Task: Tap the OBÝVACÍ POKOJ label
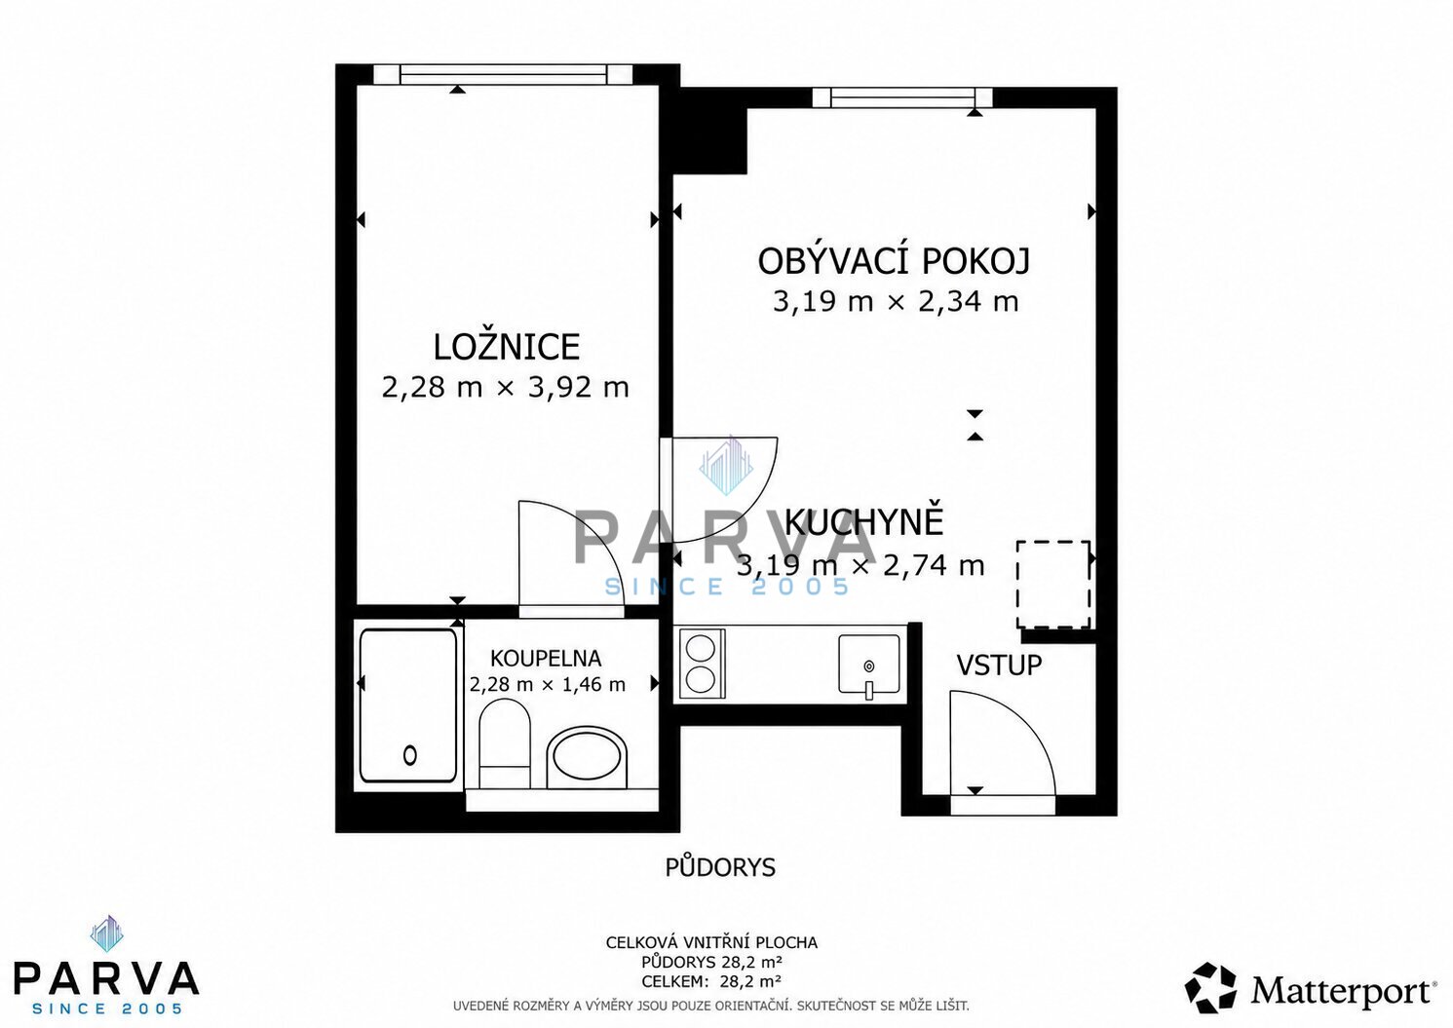(894, 261)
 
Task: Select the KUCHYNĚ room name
(864, 521)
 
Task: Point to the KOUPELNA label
(546, 659)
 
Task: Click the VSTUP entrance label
(999, 665)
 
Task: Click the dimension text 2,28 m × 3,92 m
(506, 387)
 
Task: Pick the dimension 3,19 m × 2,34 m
(896, 302)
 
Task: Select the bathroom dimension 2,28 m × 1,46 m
(547, 684)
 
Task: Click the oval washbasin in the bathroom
(587, 757)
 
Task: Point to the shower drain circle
(410, 755)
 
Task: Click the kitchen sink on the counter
(869, 665)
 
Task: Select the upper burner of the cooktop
(701, 647)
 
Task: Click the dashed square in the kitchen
(1053, 585)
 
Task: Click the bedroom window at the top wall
(504, 74)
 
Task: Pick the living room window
(902, 96)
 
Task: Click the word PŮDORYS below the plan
(720, 867)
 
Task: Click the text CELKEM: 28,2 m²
(711, 982)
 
